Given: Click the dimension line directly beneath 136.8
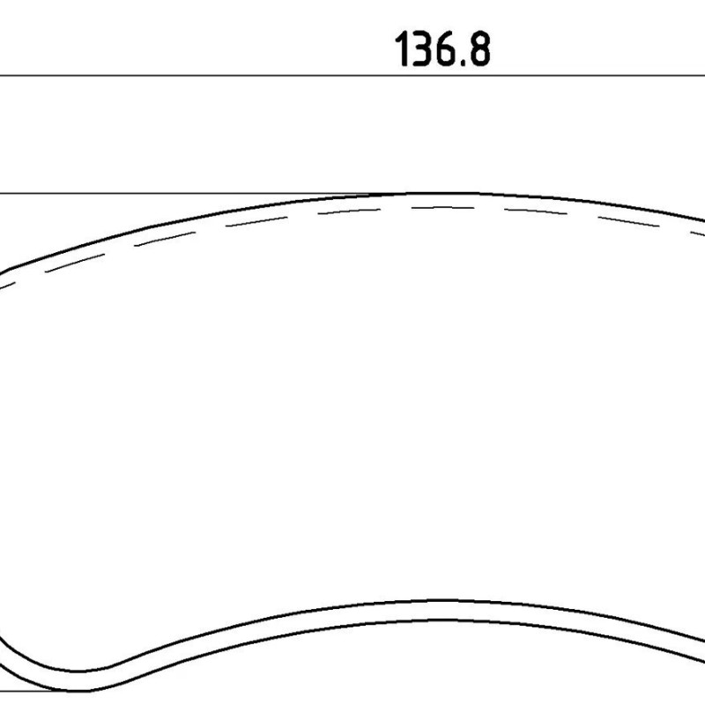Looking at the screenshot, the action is coord(352,76).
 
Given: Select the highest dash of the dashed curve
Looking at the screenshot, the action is coord(443,208).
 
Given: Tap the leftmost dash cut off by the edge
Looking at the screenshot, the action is coord(7,285).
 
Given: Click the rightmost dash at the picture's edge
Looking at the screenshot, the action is coord(698,234).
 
